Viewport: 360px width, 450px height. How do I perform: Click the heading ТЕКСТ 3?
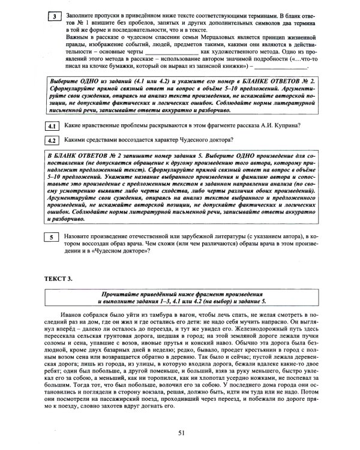59,280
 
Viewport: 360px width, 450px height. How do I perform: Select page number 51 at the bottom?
181,434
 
